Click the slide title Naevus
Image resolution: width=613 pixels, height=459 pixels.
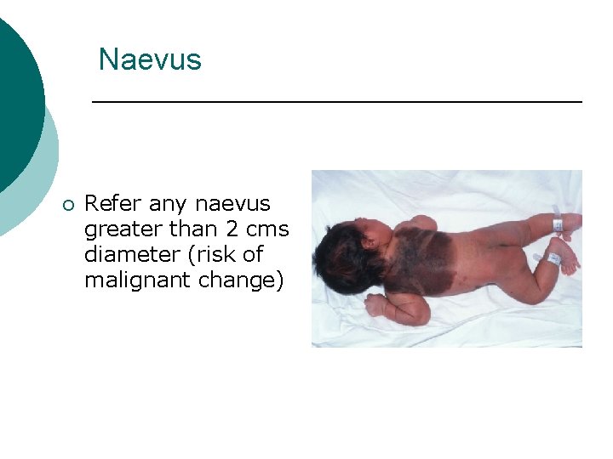coord(150,59)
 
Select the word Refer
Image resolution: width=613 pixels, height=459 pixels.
coord(114,204)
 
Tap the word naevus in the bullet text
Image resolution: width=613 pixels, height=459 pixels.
coord(232,204)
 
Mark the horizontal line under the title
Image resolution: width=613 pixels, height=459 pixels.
coord(336,102)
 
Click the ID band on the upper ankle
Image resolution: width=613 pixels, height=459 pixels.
coord(558,224)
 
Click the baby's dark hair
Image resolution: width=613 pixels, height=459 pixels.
coord(341,251)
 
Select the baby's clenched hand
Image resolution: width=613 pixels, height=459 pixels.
coord(375,305)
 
